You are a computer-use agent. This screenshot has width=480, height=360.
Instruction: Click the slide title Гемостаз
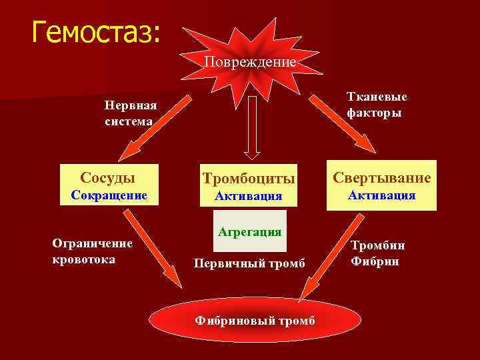pyautogui.click(x=96, y=32)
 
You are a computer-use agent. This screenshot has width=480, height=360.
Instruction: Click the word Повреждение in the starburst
pyautogui.click(x=250, y=62)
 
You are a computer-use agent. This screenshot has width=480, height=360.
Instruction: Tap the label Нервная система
pyautogui.click(x=131, y=113)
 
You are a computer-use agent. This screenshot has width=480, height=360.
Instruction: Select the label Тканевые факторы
pyautogui.click(x=377, y=105)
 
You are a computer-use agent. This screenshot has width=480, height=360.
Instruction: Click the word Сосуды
pyautogui.click(x=108, y=178)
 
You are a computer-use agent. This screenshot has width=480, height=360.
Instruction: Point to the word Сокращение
pyautogui.click(x=108, y=195)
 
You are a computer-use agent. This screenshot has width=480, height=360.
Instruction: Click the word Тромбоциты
pyautogui.click(x=249, y=179)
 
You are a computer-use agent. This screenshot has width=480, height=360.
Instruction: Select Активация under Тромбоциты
pyautogui.click(x=249, y=196)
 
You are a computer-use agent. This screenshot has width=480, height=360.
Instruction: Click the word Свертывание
pyautogui.click(x=382, y=178)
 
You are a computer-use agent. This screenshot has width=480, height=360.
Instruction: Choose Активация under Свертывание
pyautogui.click(x=382, y=195)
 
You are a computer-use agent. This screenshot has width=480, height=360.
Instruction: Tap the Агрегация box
pyautogui.click(x=249, y=231)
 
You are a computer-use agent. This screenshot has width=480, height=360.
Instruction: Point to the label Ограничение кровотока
pyautogui.click(x=92, y=251)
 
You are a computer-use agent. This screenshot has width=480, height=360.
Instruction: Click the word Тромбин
pyautogui.click(x=378, y=245)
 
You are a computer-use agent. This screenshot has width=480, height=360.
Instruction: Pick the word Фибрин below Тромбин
pyautogui.click(x=375, y=261)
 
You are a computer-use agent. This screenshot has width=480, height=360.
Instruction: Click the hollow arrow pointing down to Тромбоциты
pyautogui.click(x=252, y=127)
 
